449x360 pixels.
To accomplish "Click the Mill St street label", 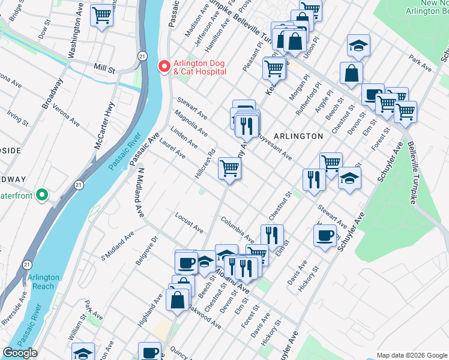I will (104, 69).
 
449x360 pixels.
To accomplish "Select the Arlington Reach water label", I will (43, 281).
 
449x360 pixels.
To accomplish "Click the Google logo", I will (20, 353).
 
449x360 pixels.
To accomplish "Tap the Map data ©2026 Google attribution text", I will (411, 355).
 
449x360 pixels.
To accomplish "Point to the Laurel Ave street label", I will (172, 149).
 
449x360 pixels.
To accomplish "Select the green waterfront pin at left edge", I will (41, 195).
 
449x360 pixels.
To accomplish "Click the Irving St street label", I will (17, 117).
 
